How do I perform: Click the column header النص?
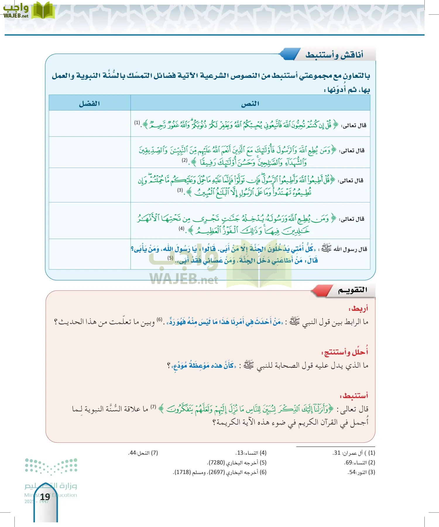(250, 104)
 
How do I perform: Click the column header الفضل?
(89, 104)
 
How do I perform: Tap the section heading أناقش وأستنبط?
(334, 55)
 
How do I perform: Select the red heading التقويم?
(352, 290)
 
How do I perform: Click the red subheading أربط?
(359, 309)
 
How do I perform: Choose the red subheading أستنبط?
(354, 396)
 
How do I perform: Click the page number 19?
(45, 497)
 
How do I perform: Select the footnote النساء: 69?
(359, 463)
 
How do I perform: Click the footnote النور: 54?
(361, 472)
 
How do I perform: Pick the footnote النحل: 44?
(143, 453)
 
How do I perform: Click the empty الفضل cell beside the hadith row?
(89, 254)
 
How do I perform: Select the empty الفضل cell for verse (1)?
(89, 123)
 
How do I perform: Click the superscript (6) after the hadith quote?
(160, 319)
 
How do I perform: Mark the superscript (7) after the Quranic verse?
(153, 407)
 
